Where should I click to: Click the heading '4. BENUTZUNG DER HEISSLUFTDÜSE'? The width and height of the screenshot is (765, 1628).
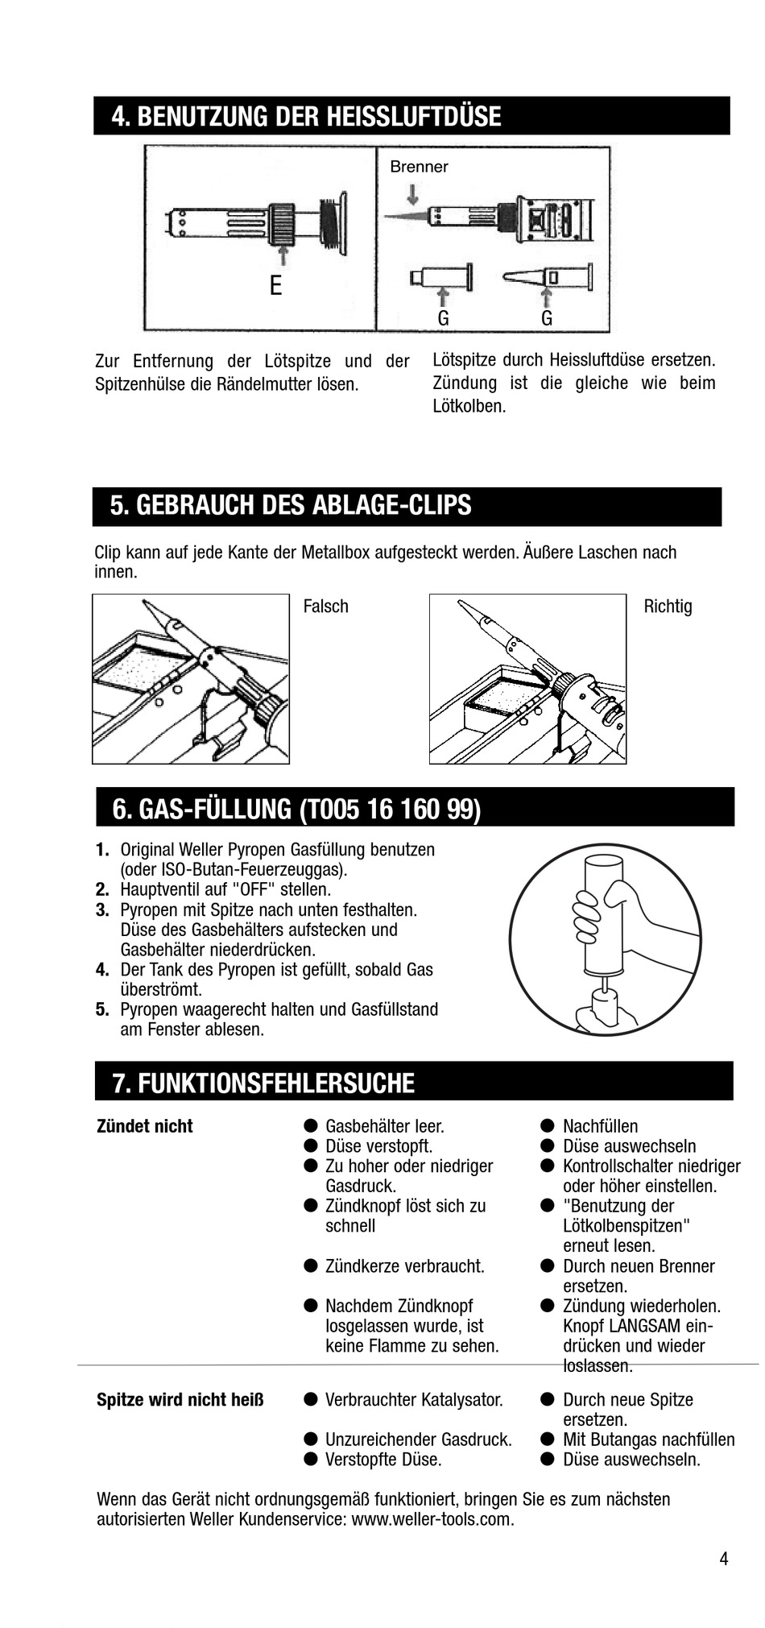[x=306, y=117]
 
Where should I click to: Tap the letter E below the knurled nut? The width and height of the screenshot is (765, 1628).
[x=275, y=286]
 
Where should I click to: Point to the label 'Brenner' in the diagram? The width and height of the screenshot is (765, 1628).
[x=419, y=167]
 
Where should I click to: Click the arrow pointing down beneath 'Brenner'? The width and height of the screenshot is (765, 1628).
[x=413, y=194]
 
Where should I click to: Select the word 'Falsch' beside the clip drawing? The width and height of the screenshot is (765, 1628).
[x=325, y=607]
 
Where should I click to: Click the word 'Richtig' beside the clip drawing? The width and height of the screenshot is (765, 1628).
[x=668, y=607]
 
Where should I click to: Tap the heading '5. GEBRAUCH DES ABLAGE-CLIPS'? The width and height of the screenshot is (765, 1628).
[x=291, y=506]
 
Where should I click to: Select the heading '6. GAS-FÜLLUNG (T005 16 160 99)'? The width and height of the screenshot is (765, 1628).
[x=296, y=809]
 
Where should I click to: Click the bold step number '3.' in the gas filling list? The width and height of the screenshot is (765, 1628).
[x=102, y=910]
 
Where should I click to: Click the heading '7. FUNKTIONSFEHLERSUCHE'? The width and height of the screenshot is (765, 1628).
[x=263, y=1083]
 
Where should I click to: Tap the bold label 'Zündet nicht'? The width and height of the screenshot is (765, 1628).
[x=145, y=1126]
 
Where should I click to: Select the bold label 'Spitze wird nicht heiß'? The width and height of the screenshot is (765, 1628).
[x=180, y=1400]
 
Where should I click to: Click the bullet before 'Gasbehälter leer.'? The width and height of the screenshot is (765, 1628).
[x=310, y=1126]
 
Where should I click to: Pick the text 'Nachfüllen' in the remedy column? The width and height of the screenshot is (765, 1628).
[x=600, y=1126]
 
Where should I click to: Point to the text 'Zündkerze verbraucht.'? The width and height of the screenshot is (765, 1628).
[x=404, y=1266]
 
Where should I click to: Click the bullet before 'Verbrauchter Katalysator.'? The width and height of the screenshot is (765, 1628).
[x=310, y=1400]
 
